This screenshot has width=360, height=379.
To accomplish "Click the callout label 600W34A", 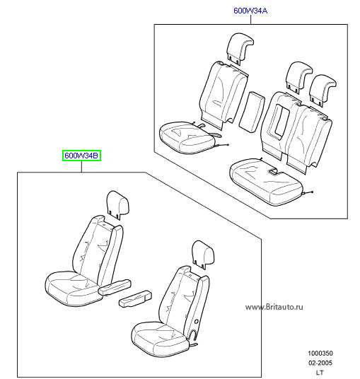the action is [250, 11].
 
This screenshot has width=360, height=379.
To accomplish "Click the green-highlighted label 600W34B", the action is [81, 156].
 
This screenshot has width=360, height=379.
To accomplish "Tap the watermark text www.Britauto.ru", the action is [274, 307].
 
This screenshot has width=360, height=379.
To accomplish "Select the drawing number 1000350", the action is [320, 353].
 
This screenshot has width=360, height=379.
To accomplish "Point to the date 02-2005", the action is [320, 363].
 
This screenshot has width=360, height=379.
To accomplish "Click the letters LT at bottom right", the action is [320, 373].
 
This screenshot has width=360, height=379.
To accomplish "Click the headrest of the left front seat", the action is [117, 204].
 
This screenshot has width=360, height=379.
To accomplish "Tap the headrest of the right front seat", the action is [203, 254].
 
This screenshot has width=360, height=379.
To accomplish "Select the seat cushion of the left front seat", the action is [73, 288].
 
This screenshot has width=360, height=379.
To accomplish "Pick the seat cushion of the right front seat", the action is [160, 339].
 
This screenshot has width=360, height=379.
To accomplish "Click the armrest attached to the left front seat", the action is [115, 287].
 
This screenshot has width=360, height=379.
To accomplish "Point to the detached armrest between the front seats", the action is [136, 299].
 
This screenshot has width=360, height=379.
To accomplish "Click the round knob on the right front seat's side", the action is [197, 322].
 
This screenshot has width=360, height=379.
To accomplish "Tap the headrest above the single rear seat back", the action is [240, 49].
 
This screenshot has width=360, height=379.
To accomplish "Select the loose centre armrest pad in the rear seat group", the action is [252, 112].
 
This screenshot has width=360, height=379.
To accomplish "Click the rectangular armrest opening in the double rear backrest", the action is [277, 120].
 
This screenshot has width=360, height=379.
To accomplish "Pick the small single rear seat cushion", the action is [187, 138].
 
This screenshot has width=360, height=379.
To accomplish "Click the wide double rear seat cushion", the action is [266, 181].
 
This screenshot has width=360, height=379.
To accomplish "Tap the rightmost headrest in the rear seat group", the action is [323, 90].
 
